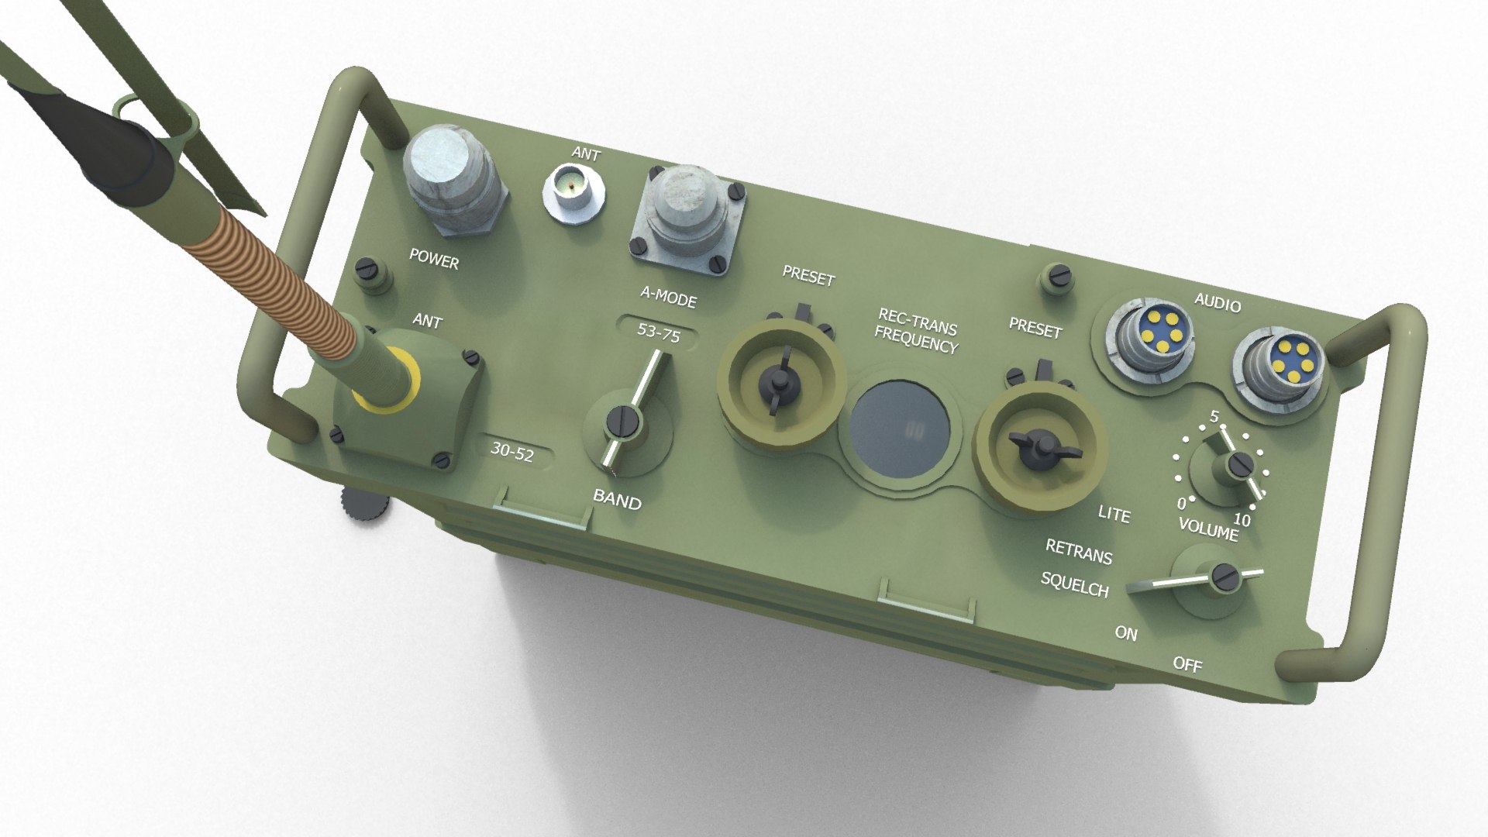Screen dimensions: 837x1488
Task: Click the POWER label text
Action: (x=434, y=259)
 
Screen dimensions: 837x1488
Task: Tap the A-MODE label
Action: (x=668, y=296)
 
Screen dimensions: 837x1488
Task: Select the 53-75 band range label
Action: (x=658, y=334)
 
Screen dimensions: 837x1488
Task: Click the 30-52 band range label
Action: (x=512, y=452)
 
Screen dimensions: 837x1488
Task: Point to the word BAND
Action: (x=617, y=500)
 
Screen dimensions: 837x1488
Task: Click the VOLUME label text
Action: (x=1207, y=529)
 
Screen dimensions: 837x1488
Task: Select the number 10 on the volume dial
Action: (x=1242, y=518)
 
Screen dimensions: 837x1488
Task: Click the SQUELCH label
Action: (x=1074, y=584)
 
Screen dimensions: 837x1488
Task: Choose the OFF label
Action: (x=1187, y=663)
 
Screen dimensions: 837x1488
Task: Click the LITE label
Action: (x=1114, y=513)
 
